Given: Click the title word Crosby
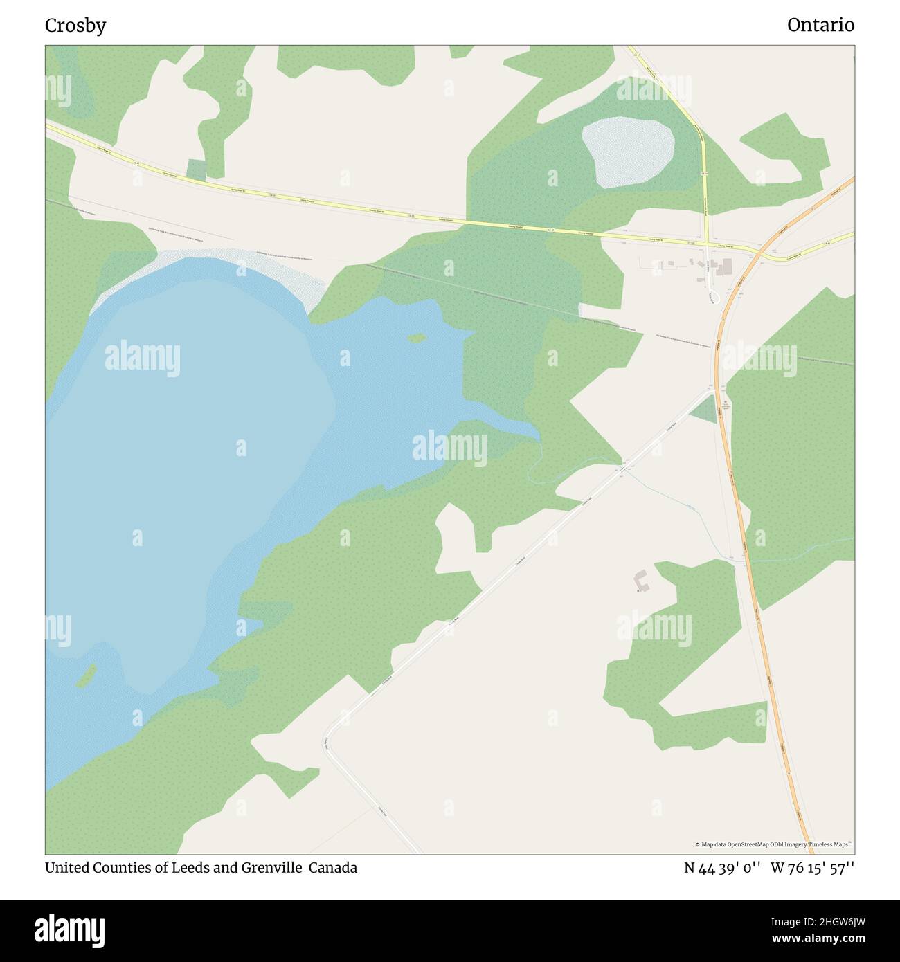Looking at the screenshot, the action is [75, 26].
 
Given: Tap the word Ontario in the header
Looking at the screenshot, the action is [820, 26].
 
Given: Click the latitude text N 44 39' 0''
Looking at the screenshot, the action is [723, 868].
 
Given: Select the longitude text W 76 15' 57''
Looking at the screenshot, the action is [812, 868].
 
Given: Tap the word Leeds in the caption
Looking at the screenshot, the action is [191, 868].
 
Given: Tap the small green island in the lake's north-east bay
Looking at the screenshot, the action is [417, 338].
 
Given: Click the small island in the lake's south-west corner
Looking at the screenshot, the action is [86, 676].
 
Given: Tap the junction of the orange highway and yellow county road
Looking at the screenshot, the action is [759, 254].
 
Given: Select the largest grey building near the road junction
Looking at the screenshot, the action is [726, 266].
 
